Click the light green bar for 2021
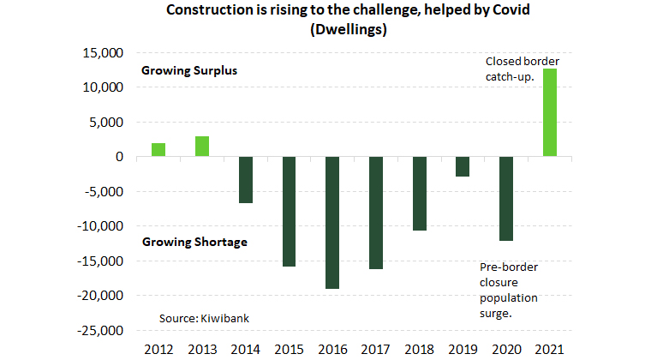[549, 113]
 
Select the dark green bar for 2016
[331, 223]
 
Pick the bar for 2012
[158, 150]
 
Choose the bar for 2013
[202, 147]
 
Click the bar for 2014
[246, 180]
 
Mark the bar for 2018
[419, 194]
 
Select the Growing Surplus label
[188, 71]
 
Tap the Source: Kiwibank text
[204, 318]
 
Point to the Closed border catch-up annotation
[522, 69]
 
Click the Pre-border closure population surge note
[509, 290]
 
